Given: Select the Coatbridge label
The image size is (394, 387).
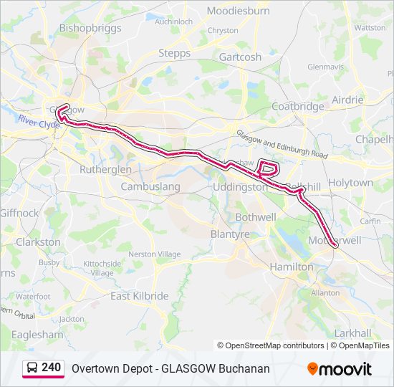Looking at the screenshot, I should pos(298,106).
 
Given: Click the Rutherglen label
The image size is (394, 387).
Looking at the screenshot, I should pos(105,169).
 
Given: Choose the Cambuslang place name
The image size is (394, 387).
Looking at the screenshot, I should pos(150,186).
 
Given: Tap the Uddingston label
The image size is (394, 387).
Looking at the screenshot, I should pos(241,186).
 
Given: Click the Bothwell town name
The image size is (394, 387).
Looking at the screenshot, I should pos(256,216).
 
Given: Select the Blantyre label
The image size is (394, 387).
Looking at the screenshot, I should pos(230,234).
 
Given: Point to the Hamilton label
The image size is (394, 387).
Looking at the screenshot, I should pos(291,267).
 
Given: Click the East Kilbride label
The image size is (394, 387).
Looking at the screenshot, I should pos(140,296).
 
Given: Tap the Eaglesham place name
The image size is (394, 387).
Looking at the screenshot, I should pos(38,334).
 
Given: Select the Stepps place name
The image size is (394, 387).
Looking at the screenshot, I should pos(174,53).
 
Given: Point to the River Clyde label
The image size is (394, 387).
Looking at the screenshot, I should pos(39,123).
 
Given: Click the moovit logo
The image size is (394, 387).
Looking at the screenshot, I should pos(340,369).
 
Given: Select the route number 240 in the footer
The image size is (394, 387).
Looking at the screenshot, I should pos(52,368).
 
